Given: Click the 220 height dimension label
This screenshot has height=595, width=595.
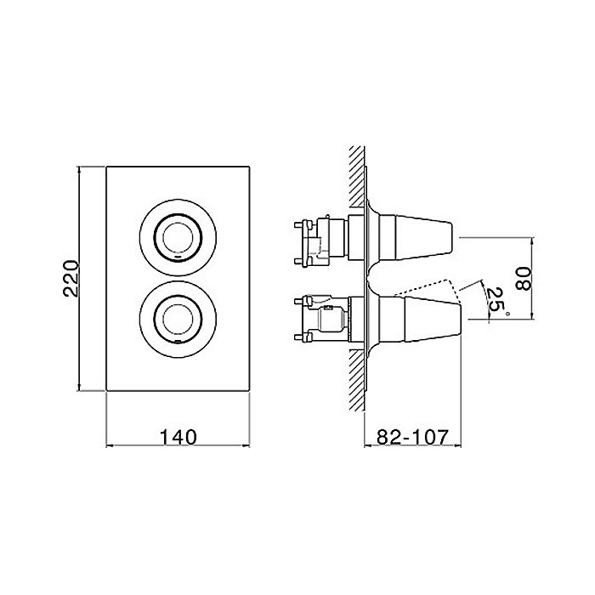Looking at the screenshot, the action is (x=71, y=278).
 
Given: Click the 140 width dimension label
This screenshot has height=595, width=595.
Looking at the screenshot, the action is (x=178, y=437).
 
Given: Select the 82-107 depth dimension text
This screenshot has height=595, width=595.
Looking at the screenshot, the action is (x=412, y=437).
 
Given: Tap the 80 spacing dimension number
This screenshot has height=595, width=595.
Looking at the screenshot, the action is (x=524, y=278).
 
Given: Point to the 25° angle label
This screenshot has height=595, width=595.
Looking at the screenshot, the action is (x=497, y=303).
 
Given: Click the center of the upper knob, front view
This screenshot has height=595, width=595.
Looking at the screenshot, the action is (x=178, y=237).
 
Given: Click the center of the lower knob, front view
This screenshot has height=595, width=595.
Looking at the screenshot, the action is (x=178, y=319).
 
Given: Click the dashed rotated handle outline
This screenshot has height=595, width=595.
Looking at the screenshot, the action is (x=428, y=288).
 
